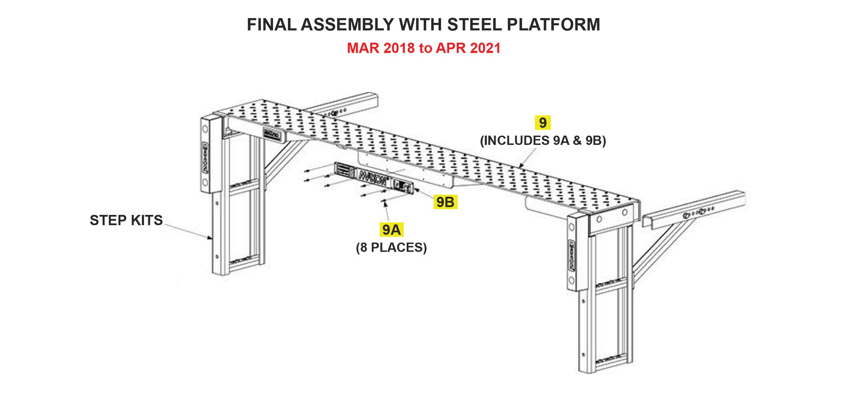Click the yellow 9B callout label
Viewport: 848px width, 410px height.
[x=445, y=202]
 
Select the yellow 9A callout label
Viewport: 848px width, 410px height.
[x=391, y=229]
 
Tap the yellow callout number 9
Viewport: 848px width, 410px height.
[x=542, y=122]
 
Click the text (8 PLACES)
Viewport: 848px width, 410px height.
[x=391, y=248]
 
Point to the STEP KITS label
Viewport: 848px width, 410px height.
[x=126, y=220]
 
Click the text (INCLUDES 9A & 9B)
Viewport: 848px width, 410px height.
[x=543, y=141]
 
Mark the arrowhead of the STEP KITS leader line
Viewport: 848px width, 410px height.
[x=211, y=238]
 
